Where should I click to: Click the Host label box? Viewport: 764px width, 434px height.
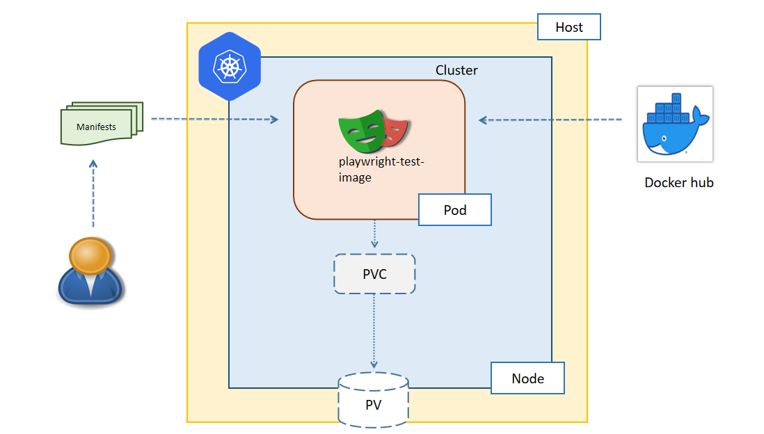click(568, 28)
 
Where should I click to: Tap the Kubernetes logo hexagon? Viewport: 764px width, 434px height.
click(229, 67)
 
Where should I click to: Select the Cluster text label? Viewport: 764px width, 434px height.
click(456, 70)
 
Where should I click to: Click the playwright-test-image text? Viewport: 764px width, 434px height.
click(381, 170)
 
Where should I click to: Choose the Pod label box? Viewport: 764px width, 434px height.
click(454, 210)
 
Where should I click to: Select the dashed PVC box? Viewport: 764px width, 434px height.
click(374, 274)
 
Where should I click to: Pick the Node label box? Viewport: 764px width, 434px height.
click(527, 378)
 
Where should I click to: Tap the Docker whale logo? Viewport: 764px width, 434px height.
click(674, 124)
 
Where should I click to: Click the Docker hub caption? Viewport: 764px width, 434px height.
click(678, 183)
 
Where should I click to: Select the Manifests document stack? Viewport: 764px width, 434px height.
click(101, 124)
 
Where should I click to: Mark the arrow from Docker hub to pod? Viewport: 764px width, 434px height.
click(550, 120)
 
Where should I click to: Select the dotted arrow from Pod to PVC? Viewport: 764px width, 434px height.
click(374, 234)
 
